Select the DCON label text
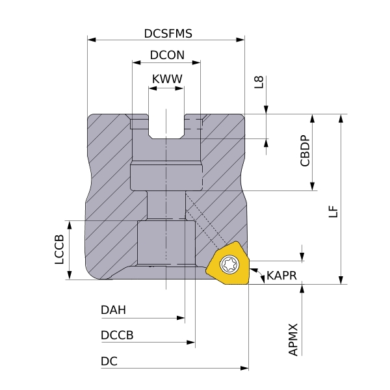pyautogui.click(x=166, y=56)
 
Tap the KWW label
pyautogui.click(x=166, y=79)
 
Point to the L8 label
pyautogui.click(x=259, y=82)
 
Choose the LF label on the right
pyautogui.click(x=333, y=212)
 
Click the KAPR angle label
pyautogui.click(x=281, y=276)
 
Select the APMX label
pyautogui.click(x=293, y=339)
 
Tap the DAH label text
pyautogui.click(x=114, y=310)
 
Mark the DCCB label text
pyautogui.click(x=117, y=335)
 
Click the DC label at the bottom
pyautogui.click(x=109, y=361)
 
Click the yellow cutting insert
pyautogui.click(x=229, y=265)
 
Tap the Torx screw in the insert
pyautogui.click(x=229, y=263)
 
